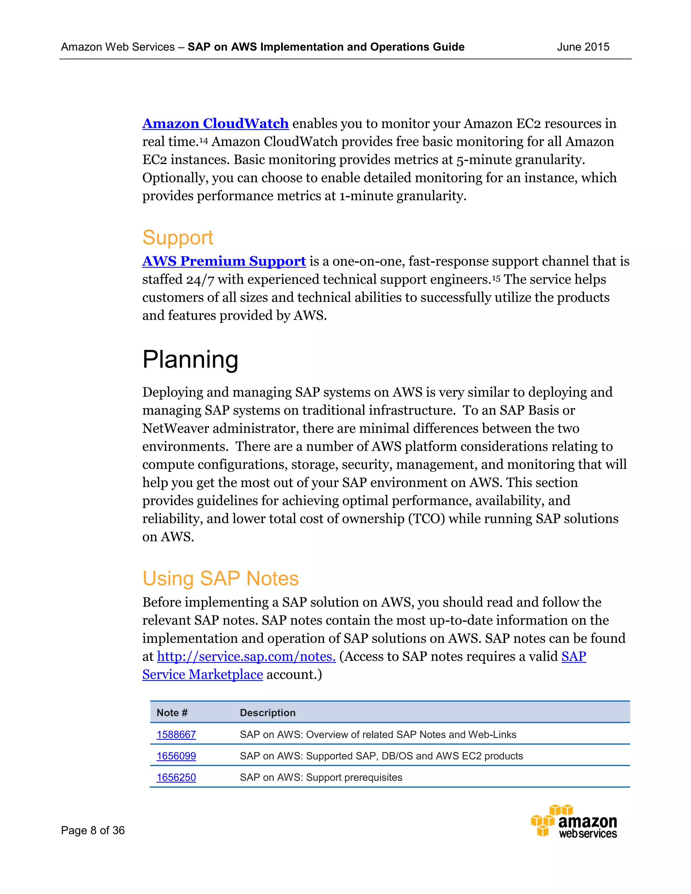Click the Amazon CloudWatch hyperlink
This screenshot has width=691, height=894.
point(215,123)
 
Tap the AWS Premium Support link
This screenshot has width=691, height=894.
point(224,261)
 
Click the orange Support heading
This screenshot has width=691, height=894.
point(178,238)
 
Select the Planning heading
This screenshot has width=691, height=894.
point(190,360)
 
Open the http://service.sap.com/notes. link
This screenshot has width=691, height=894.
point(246,656)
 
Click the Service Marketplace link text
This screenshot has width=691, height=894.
point(202,675)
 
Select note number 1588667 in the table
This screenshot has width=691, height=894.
point(176,735)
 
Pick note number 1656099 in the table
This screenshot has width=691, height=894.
point(176,756)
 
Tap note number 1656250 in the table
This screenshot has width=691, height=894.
point(176,778)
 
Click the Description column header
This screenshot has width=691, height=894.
point(267,713)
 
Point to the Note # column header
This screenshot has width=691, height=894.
point(172,713)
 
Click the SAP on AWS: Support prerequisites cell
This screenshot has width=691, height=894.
point(321,778)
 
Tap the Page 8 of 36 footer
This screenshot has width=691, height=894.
point(93,831)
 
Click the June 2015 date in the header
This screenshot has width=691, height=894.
point(583,47)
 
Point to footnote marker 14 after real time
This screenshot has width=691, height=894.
point(204,141)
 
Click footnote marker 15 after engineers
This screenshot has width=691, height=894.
point(496,278)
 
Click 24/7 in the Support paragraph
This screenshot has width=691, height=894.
point(200,280)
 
